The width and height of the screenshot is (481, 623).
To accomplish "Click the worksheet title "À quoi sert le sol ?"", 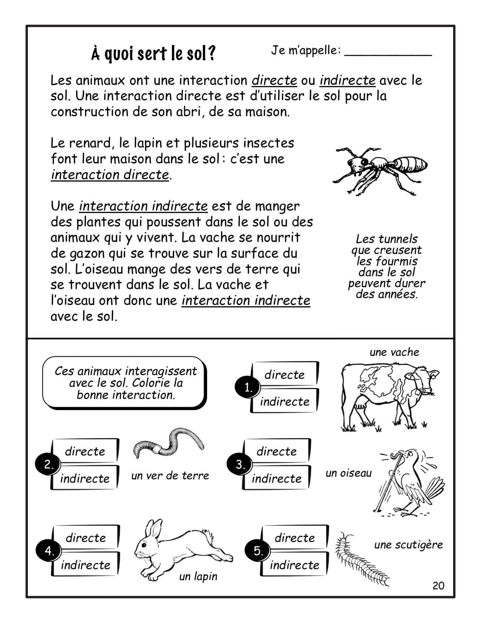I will point(153,54).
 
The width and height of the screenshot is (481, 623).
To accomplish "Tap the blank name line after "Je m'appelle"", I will point(388,53).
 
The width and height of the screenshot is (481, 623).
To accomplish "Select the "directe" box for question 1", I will point(284,375).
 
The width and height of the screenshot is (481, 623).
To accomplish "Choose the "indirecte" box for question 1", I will point(284,401).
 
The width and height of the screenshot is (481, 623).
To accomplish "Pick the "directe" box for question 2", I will point(85,451).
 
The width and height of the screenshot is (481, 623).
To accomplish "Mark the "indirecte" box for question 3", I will point(277,478).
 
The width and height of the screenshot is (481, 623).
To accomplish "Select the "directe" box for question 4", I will point(86,538).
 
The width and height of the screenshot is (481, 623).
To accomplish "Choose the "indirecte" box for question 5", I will point(295,565).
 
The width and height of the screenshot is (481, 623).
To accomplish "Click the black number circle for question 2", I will point(48,465).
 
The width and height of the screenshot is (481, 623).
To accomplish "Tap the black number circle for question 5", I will point(258,551).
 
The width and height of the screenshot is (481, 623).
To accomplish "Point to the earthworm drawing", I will point(168,442).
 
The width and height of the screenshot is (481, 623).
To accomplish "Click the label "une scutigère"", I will point(408,545).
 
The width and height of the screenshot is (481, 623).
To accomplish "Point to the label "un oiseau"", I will point(348,473).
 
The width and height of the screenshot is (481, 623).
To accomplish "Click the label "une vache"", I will point(394,352).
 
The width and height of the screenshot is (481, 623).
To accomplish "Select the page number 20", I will point(438,586).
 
